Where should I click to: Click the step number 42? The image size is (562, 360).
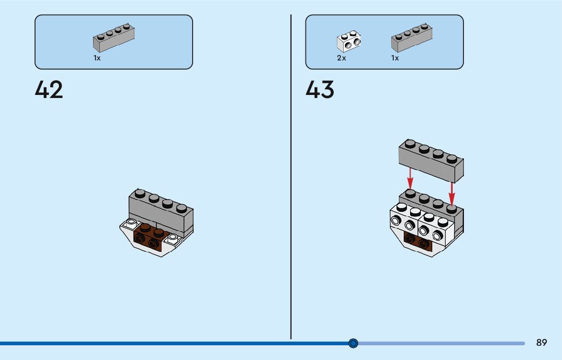tap(49, 90)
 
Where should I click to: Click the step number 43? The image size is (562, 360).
tap(320, 90)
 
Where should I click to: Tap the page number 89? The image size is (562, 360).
tap(542, 343)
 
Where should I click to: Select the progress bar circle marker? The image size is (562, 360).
tap(354, 343)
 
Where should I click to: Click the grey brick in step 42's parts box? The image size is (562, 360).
tap(114, 39)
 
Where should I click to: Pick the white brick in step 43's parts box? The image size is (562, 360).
tap(349, 43)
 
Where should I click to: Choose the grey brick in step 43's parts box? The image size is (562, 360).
tap(412, 39)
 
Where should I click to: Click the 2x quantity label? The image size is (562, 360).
tap(341, 58)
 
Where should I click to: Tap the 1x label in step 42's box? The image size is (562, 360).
tap(97, 58)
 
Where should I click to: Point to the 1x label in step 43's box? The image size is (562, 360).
tap(395, 58)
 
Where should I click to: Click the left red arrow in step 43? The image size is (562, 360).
tap(410, 178)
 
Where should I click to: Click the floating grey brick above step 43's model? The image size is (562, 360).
tap(431, 160)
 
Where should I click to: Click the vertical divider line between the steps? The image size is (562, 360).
tap(291, 178)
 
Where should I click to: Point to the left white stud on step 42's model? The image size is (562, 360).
tap(132, 222)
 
